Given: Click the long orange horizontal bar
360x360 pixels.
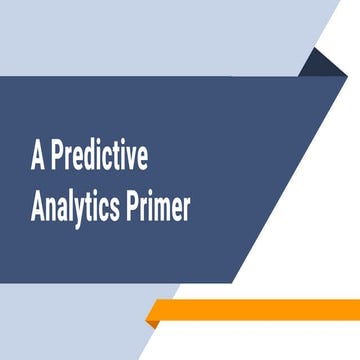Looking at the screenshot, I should (260, 309).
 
